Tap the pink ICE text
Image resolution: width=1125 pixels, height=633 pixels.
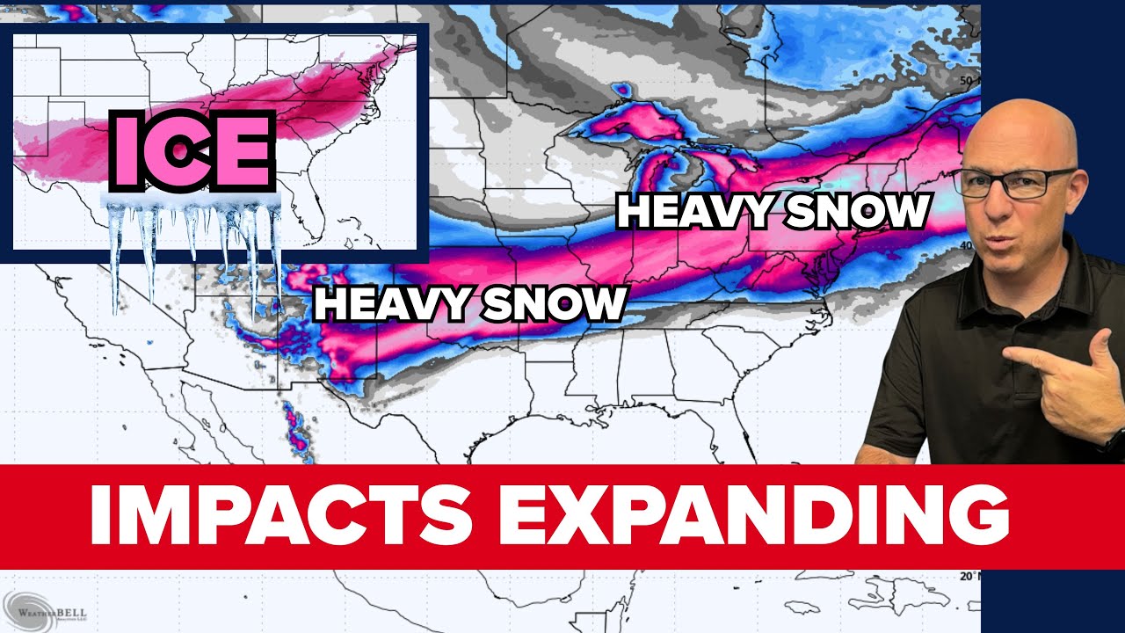point(189,151)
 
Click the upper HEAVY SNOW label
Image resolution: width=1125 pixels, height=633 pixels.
point(773,212)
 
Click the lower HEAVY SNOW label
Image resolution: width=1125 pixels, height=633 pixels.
point(470,304)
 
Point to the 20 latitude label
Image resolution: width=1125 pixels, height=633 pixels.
point(967,577)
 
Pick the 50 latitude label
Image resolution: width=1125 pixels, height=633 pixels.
point(967,81)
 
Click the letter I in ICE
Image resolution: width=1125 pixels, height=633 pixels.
point(122,151)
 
